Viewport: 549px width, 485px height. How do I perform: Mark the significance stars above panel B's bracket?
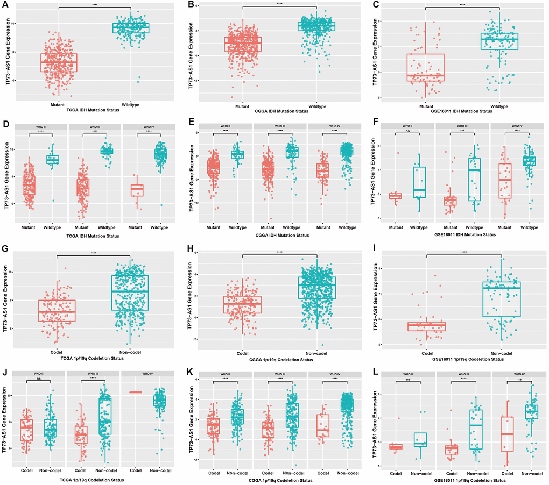[x=279, y=4]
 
